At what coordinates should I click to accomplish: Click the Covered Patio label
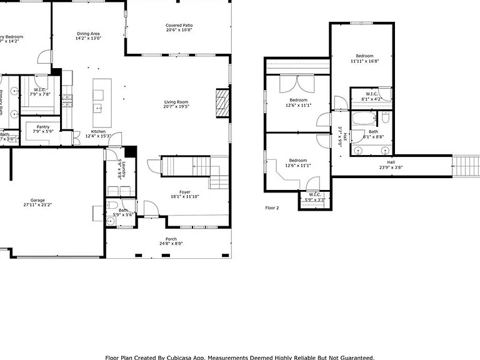click(x=179, y=25)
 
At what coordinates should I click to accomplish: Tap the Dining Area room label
click(x=88, y=34)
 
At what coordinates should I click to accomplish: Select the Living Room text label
click(x=176, y=102)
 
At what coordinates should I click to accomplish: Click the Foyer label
click(x=185, y=192)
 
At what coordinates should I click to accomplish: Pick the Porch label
click(x=171, y=239)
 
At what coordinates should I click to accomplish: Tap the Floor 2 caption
click(x=272, y=207)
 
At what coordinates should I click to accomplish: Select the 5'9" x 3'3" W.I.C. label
click(x=314, y=197)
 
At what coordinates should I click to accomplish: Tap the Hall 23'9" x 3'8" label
click(x=391, y=164)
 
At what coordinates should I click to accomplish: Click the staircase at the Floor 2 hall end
click(x=466, y=166)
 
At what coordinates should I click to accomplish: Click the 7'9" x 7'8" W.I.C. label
click(x=39, y=91)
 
